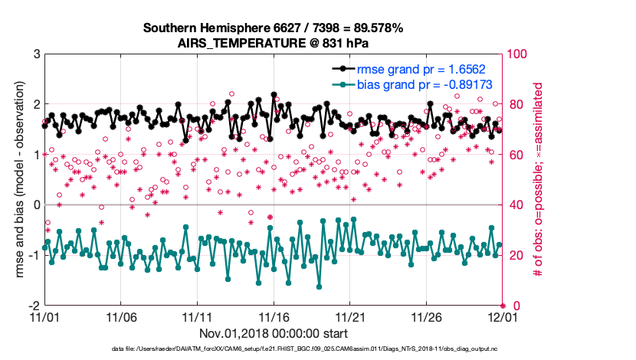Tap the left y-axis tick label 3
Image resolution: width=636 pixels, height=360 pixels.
click(x=36, y=54)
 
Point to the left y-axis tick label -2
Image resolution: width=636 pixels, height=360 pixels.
click(x=34, y=305)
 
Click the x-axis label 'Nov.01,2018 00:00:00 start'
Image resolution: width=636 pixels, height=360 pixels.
click(x=274, y=333)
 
